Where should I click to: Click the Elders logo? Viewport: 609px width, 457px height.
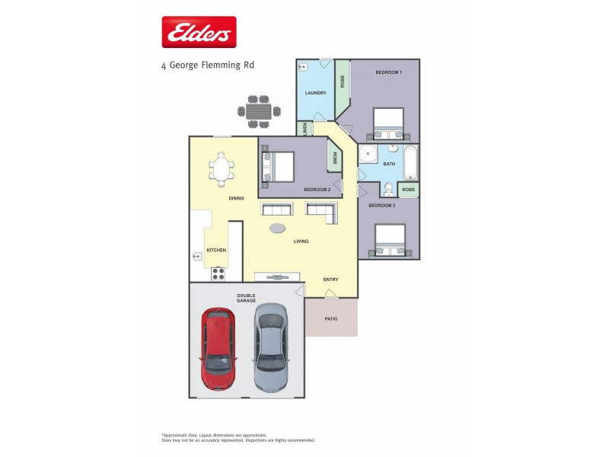click(x=199, y=33)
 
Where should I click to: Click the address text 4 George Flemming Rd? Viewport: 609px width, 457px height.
click(x=208, y=66)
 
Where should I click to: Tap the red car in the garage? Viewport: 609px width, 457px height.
click(x=218, y=347)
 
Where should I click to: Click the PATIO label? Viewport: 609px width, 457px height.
click(x=331, y=318)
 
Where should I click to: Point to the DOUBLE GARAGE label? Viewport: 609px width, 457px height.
click(x=246, y=298)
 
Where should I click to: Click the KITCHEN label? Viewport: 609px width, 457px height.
click(x=216, y=250)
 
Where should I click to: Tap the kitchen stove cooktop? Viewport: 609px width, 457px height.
click(x=218, y=273)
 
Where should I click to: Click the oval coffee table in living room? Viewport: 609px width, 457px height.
click(x=279, y=227)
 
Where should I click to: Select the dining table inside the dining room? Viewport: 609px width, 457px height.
click(x=222, y=169)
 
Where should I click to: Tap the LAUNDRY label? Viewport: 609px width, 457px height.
click(x=315, y=93)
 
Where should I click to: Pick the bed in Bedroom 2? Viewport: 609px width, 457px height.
click(x=278, y=166)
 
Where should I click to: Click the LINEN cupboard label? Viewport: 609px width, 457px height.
click(x=304, y=128)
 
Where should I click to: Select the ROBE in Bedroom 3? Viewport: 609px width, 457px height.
click(x=408, y=189)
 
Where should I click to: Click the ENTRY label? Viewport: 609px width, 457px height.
click(x=330, y=280)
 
